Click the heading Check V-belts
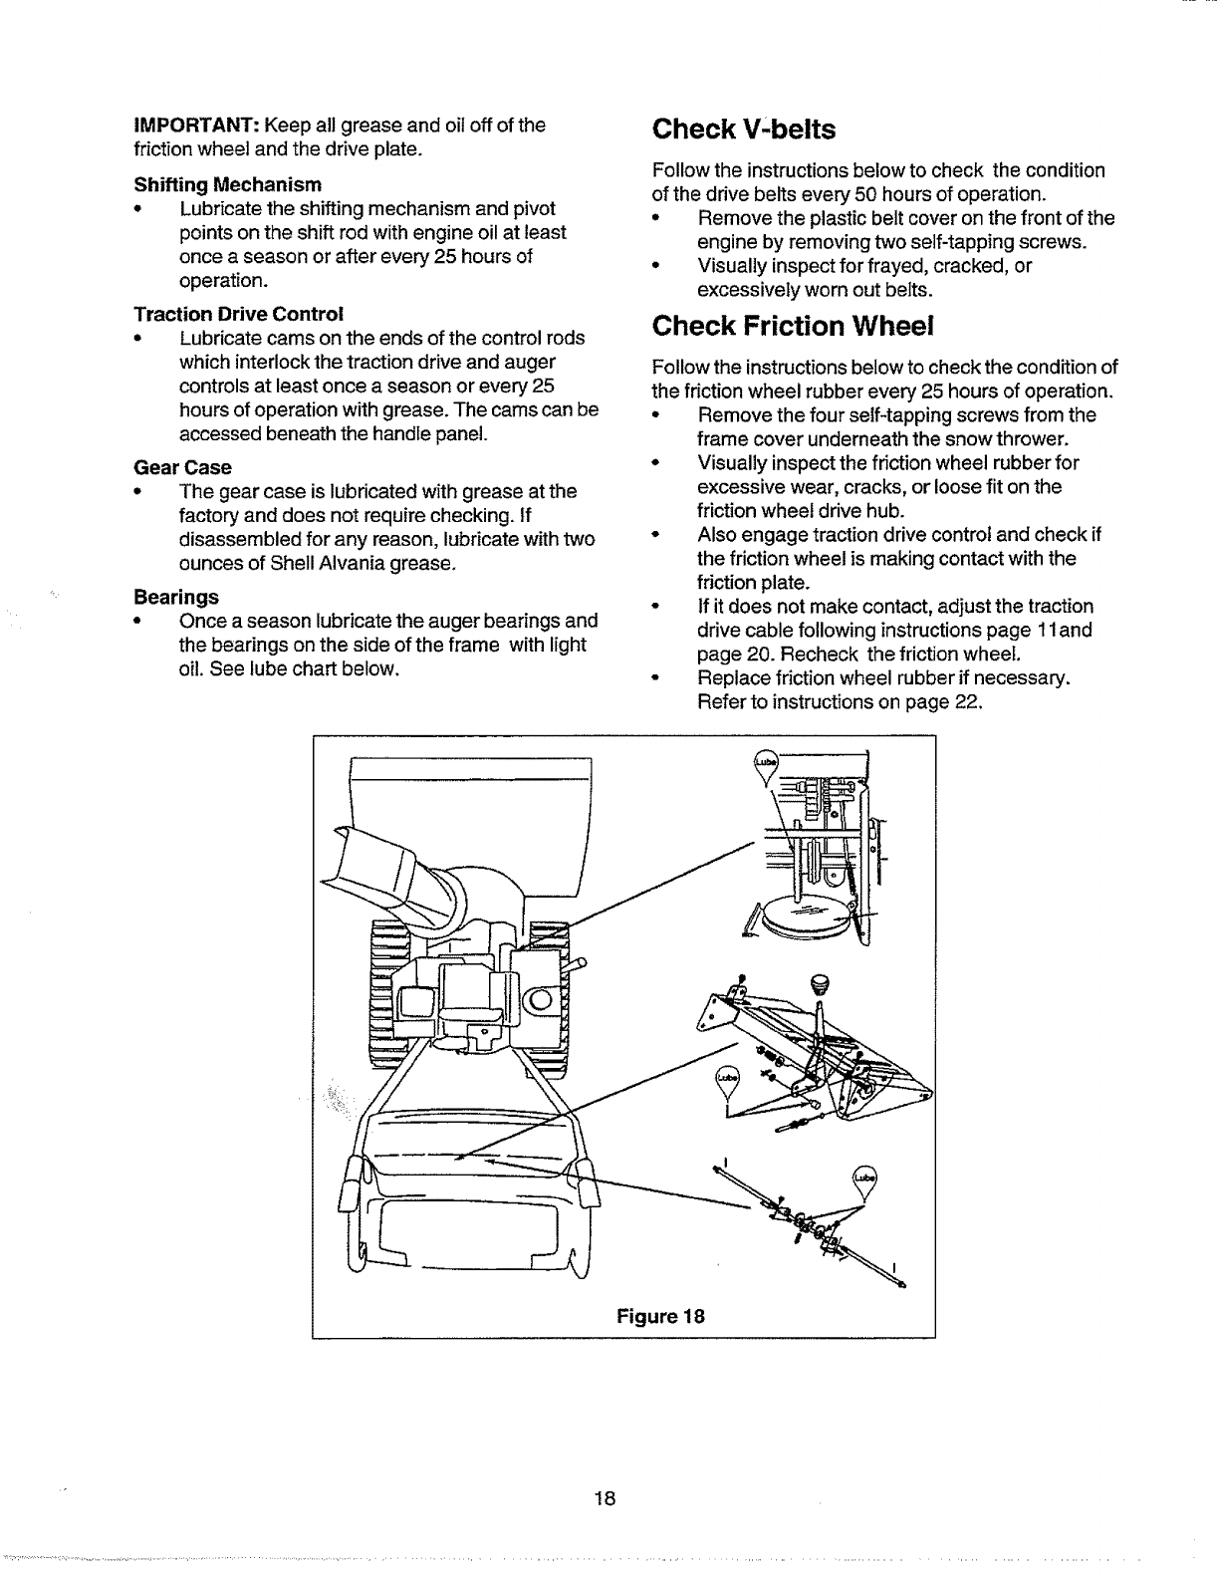[743, 130]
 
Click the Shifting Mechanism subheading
[228, 185]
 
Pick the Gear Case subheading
[182, 467]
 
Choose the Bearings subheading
[176, 597]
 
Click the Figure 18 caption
[660, 1315]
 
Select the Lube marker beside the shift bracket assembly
[729, 1079]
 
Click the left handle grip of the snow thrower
[354, 1185]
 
